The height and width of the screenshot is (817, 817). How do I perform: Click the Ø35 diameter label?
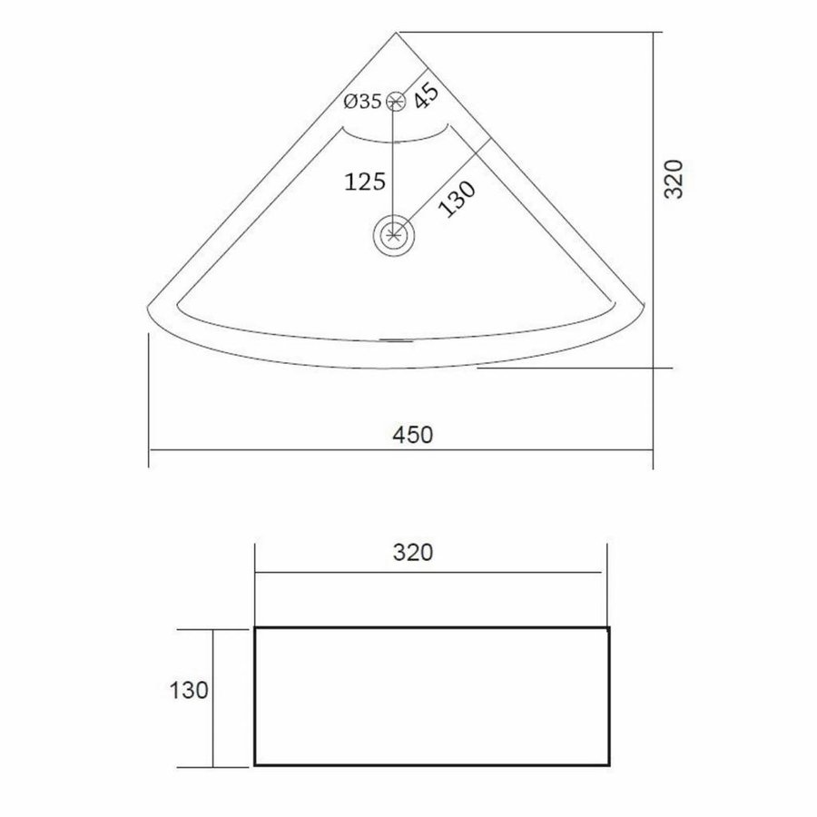click(362, 102)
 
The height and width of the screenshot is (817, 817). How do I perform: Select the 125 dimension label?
click(363, 182)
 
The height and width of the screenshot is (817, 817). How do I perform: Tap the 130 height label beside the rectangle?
click(188, 692)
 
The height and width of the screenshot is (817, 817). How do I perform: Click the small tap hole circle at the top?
click(395, 102)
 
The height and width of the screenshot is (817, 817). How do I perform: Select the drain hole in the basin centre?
click(394, 235)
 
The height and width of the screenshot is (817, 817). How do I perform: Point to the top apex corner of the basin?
click(398, 33)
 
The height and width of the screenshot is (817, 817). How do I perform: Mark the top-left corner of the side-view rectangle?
click(254, 628)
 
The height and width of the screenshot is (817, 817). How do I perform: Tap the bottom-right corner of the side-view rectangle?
click(609, 764)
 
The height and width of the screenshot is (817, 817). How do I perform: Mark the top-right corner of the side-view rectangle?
click(609, 628)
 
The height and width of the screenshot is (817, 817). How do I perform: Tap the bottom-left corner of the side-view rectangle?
click(254, 764)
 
